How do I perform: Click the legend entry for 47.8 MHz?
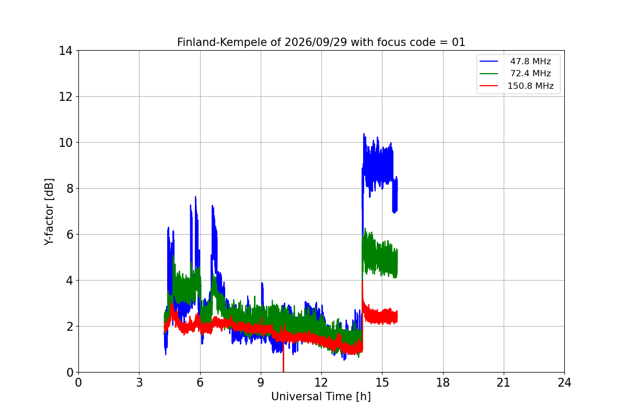point(530,61)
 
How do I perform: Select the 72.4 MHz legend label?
point(530,73)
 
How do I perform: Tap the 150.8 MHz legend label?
point(530,86)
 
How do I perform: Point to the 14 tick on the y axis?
point(65,51)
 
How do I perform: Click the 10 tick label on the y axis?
point(65,143)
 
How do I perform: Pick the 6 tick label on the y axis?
point(69,235)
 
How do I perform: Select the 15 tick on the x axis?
point(382,382)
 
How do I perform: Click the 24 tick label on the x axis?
point(564,382)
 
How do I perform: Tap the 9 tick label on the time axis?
point(261,382)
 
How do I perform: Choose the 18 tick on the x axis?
point(443,382)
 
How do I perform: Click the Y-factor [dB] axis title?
point(49,212)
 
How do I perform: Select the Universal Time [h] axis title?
point(321,397)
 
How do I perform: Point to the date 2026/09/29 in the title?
point(316,42)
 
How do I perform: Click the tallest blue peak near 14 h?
point(364,134)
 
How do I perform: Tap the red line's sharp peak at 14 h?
point(363,282)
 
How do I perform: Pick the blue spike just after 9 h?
point(262,283)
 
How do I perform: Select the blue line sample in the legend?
point(489,61)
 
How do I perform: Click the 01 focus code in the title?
point(459,42)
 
